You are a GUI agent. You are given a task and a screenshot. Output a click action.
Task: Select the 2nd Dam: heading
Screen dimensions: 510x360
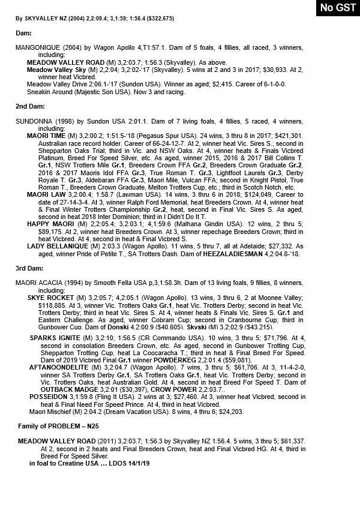click(28, 106)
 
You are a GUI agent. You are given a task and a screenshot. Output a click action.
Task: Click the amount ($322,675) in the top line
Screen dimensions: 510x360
click(153, 19)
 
